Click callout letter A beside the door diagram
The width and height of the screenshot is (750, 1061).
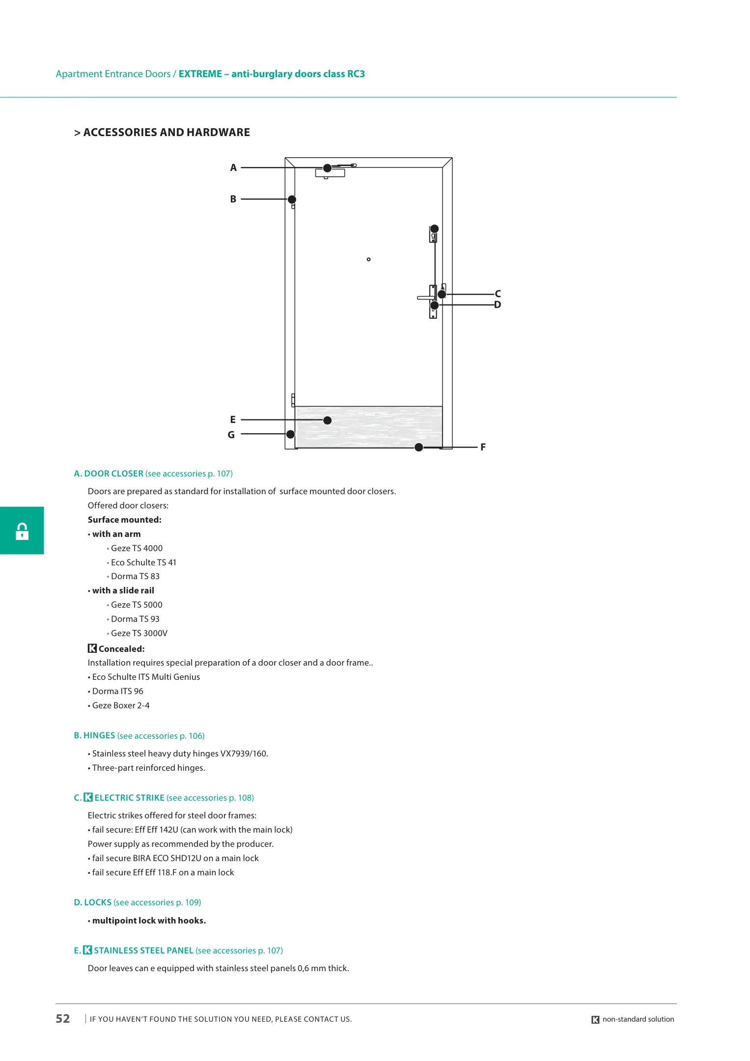click(233, 168)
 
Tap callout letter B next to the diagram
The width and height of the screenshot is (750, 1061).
click(233, 199)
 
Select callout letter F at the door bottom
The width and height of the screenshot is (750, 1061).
click(483, 447)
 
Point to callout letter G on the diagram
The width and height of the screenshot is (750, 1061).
click(231, 435)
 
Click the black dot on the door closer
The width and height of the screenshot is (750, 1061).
click(327, 168)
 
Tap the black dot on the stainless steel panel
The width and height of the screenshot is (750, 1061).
click(328, 420)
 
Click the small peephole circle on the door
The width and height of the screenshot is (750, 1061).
click(369, 259)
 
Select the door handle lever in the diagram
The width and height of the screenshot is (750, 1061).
click(425, 298)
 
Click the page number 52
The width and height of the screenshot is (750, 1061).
click(63, 1019)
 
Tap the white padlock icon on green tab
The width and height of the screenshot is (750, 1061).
click(22, 531)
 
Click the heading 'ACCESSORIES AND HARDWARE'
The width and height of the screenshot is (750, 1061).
click(167, 132)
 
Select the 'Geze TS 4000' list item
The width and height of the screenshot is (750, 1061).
click(137, 548)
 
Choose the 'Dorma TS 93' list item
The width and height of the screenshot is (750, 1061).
click(135, 619)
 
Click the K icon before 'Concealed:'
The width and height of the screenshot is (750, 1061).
click(92, 648)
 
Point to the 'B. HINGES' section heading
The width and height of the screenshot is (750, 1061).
click(94, 735)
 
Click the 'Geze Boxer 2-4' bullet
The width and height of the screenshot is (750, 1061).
click(121, 705)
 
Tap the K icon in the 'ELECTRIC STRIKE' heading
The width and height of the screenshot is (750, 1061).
click(88, 797)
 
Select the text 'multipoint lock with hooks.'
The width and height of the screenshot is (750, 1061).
click(149, 921)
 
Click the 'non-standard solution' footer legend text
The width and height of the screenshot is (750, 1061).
click(638, 1019)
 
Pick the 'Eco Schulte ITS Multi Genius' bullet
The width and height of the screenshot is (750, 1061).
click(146, 677)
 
